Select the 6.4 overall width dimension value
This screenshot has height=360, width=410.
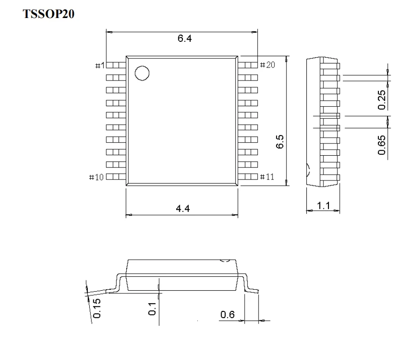[184, 39]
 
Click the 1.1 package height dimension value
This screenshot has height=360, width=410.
[323, 206]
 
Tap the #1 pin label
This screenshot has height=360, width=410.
[100, 66]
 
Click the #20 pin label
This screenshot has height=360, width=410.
[267, 65]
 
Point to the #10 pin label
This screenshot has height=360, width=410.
[98, 177]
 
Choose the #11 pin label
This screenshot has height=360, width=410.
[267, 177]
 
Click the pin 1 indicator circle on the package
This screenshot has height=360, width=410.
[142, 73]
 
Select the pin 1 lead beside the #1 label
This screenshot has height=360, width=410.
[116, 65]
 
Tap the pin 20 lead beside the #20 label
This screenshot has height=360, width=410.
[248, 65]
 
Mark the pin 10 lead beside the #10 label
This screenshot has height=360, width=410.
[116, 177]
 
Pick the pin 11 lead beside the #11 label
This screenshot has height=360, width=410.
[248, 177]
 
